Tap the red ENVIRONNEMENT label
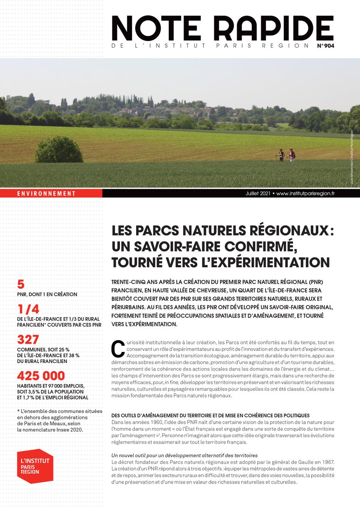(x=47, y=193)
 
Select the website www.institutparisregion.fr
(x=306, y=193)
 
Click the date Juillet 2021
(x=259, y=193)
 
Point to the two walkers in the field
(x=286, y=155)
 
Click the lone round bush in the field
(x=59, y=150)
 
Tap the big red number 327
(x=28, y=339)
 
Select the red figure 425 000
(x=41, y=376)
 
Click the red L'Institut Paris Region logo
(x=35, y=466)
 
